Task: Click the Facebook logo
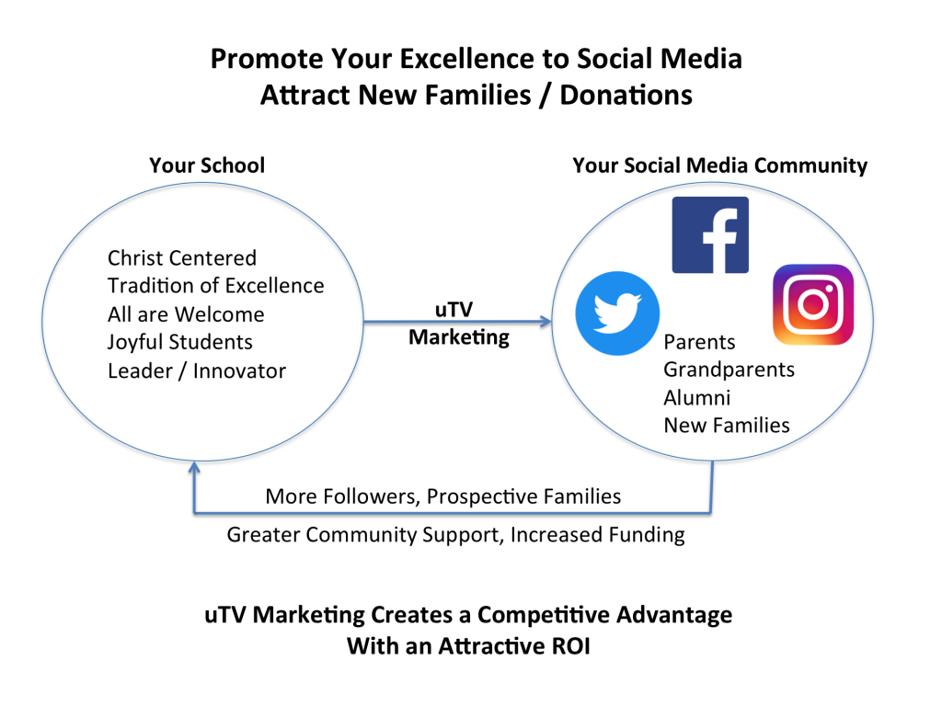(710, 234)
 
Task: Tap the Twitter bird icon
(617, 313)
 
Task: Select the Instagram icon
(813, 304)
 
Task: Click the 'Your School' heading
(207, 165)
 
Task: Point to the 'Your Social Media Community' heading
(719, 165)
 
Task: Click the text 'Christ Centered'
(182, 257)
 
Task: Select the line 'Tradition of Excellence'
(215, 286)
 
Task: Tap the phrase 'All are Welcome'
(186, 314)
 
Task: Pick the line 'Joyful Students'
(180, 342)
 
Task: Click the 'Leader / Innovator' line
(197, 371)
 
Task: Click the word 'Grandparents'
(729, 370)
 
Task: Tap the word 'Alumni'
(697, 397)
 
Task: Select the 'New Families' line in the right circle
(727, 425)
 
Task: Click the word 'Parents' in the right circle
(699, 342)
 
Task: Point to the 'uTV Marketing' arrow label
(458, 323)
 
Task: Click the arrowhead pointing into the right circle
(546, 322)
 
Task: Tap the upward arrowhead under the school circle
(194, 466)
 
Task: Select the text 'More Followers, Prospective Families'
(443, 496)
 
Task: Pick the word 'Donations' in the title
(626, 95)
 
